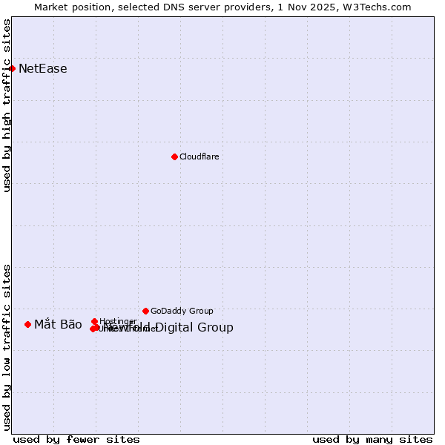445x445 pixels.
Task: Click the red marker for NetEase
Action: pos(12,68)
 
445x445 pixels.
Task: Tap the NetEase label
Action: pos(43,69)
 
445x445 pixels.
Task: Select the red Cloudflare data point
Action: pos(174,156)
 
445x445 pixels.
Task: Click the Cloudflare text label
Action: pos(200,156)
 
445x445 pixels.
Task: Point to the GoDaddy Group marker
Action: pos(145,311)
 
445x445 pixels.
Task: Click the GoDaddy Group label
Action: pos(182,311)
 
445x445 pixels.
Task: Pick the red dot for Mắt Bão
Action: pos(27,324)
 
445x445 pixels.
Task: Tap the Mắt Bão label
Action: pos(58,324)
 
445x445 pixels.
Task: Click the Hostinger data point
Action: pos(94,321)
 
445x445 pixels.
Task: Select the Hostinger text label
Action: pos(118,321)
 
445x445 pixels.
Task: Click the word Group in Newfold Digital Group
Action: pos(217,328)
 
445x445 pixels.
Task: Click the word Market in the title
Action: pos(52,7)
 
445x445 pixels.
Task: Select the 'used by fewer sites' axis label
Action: pos(76,439)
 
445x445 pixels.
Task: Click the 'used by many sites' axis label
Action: pos(372,439)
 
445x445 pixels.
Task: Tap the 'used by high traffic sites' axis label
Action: pos(7,105)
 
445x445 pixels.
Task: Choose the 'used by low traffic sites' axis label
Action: pos(7,347)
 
